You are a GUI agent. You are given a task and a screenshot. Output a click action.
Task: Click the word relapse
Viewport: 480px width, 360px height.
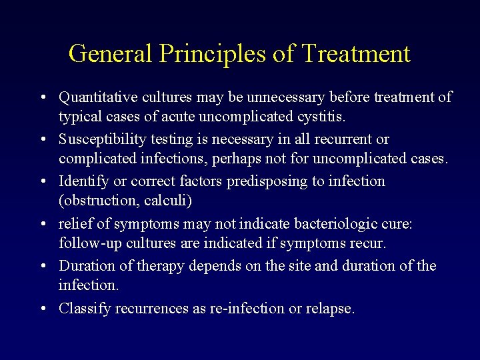coord(330,308)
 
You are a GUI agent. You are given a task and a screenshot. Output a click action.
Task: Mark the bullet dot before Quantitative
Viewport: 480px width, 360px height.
coord(42,98)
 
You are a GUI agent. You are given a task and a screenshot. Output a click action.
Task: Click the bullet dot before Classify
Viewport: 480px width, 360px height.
coord(42,309)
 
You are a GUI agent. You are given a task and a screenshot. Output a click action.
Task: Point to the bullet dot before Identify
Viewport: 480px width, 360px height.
coord(42,182)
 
